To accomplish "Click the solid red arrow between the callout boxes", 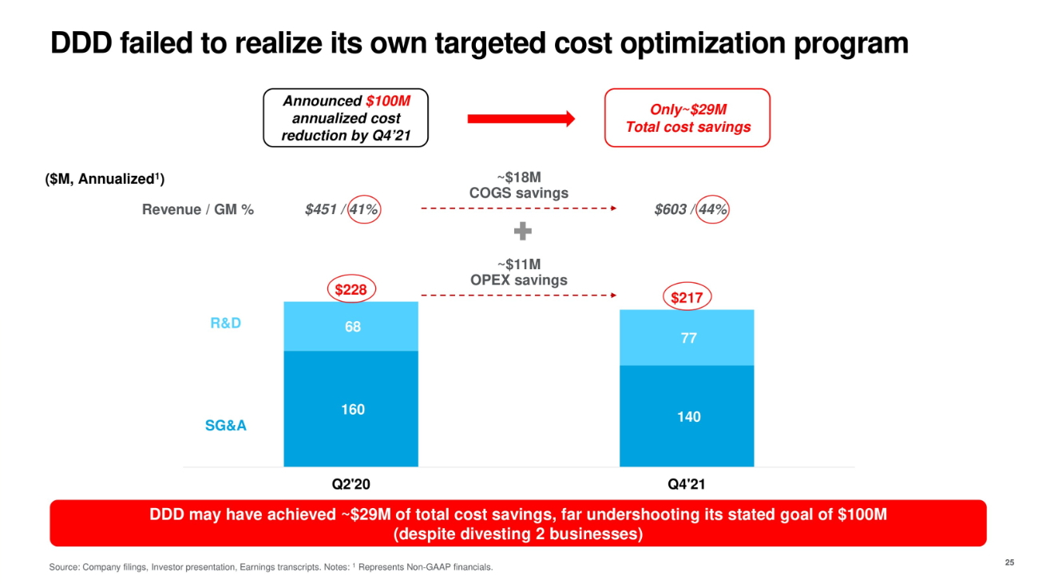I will tap(521, 119).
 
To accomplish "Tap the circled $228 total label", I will tap(351, 289).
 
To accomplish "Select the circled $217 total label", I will tap(686, 298).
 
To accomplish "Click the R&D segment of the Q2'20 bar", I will tap(351, 327).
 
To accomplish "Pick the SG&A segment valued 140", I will tap(687, 416).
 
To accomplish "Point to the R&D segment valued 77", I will tap(687, 338).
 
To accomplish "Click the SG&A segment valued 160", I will tap(351, 409).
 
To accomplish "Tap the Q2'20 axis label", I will tap(351, 484).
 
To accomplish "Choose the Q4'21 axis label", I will tap(687, 484).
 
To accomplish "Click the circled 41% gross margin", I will tap(363, 210).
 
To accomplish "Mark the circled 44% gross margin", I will tap(711, 210).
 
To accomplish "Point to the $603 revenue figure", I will tap(669, 210).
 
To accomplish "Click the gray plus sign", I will tap(522, 232).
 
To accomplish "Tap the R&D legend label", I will tap(225, 324).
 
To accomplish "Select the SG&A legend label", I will tap(225, 426).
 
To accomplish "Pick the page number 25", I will tap(1009, 563).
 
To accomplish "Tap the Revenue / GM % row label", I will tap(197, 211).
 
